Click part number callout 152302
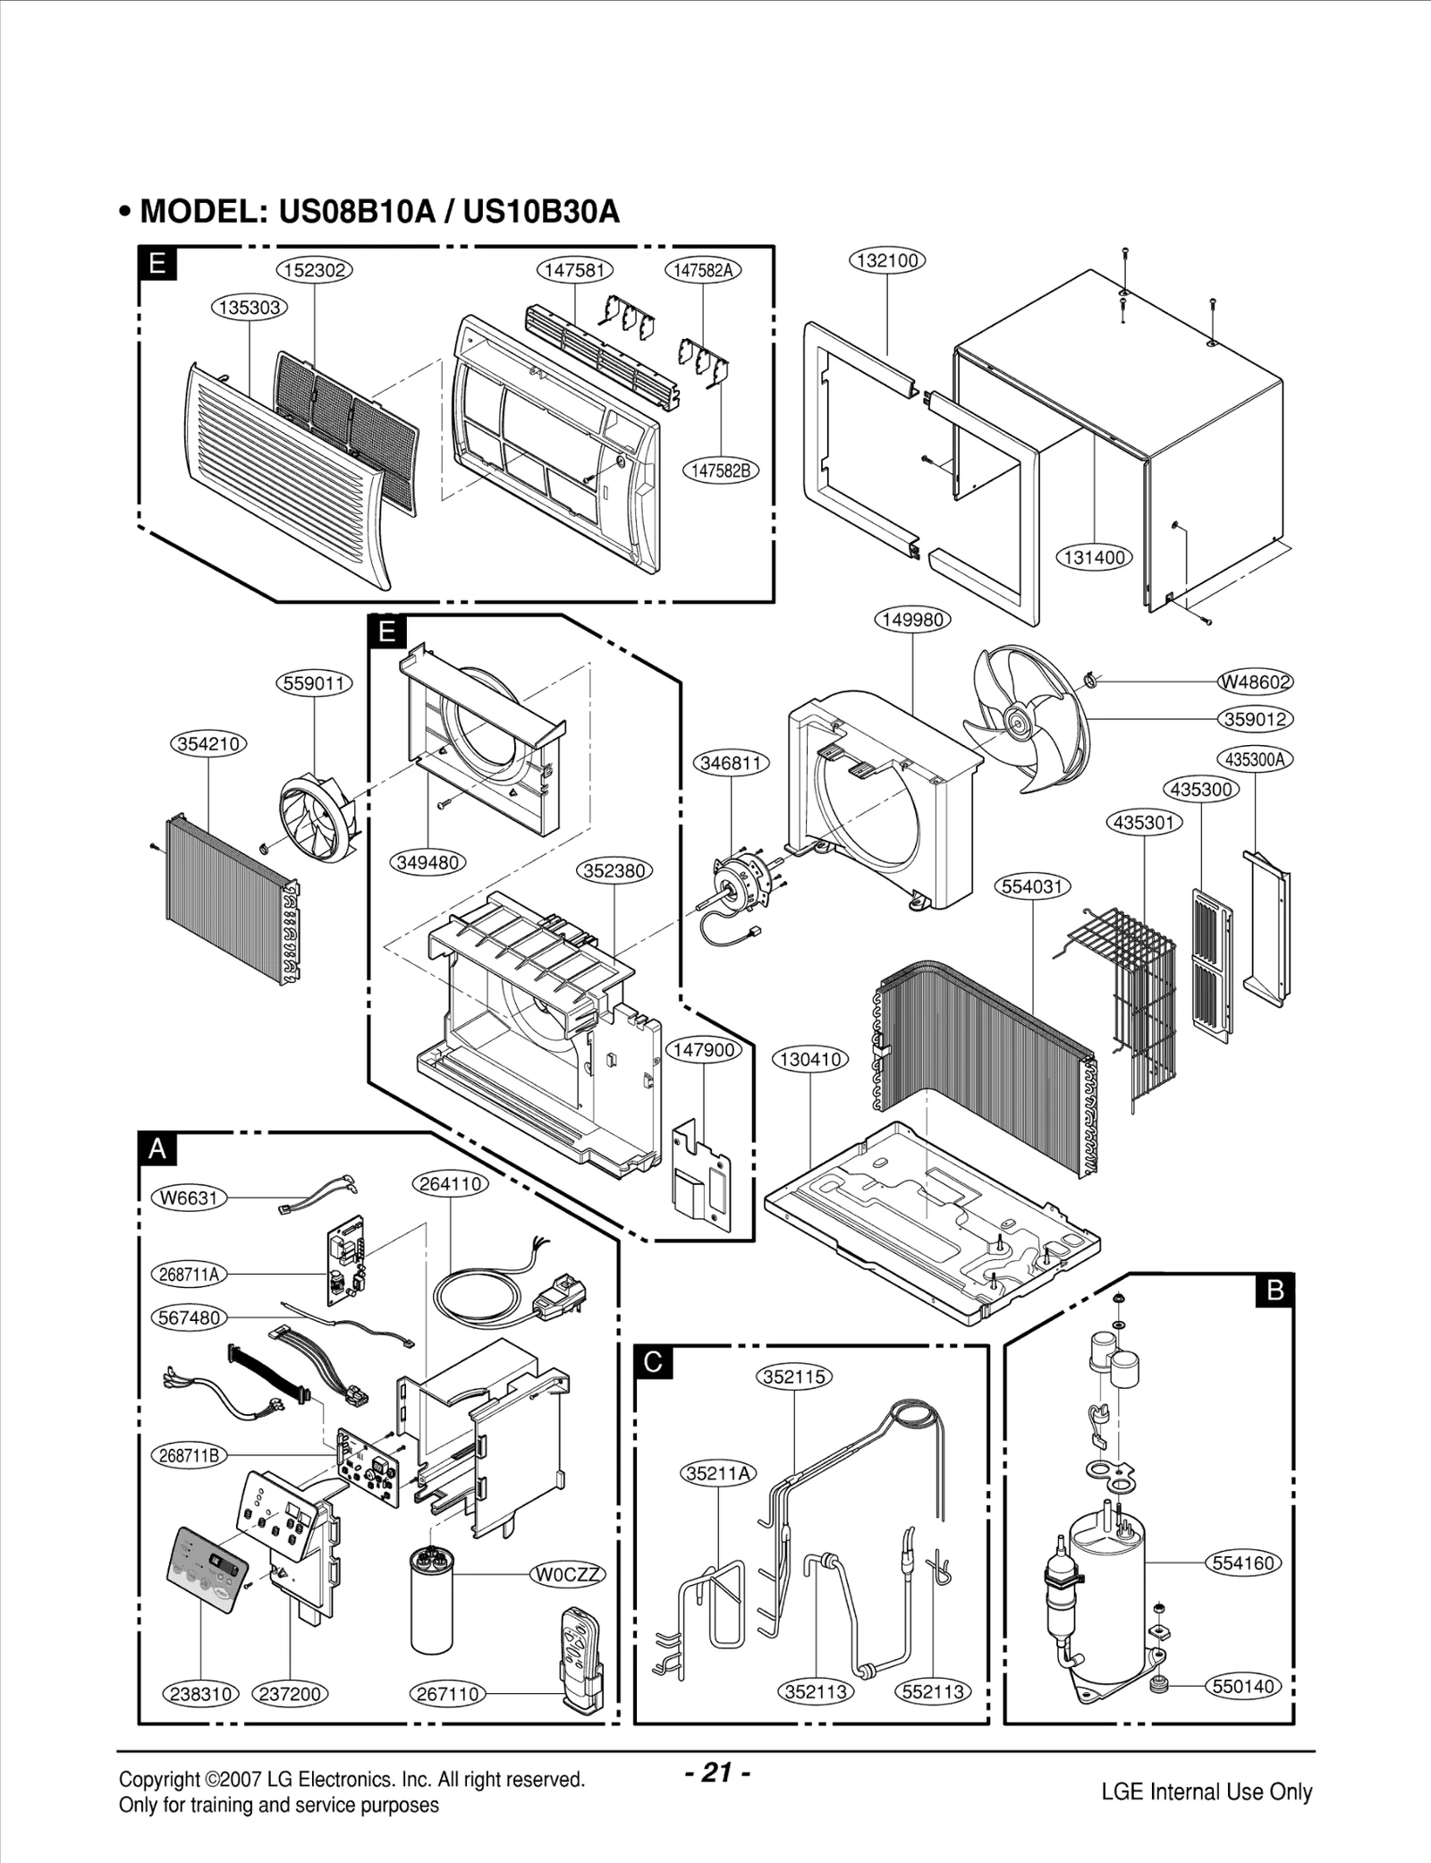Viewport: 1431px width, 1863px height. click(x=315, y=269)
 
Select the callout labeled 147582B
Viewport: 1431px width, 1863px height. click(x=720, y=470)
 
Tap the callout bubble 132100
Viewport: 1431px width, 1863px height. click(x=886, y=260)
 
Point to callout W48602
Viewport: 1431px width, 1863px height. click(x=1256, y=682)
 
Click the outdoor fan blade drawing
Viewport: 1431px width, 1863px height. click(x=1029, y=720)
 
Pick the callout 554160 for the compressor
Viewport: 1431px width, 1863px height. click(x=1243, y=1562)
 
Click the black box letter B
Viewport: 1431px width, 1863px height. click(x=1275, y=1290)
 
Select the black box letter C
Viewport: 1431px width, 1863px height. click(x=653, y=1361)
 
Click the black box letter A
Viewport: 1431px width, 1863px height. click(x=157, y=1148)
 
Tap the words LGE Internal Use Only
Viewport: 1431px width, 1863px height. click(x=1207, y=1791)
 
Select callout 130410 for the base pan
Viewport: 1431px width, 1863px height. click(x=810, y=1059)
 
